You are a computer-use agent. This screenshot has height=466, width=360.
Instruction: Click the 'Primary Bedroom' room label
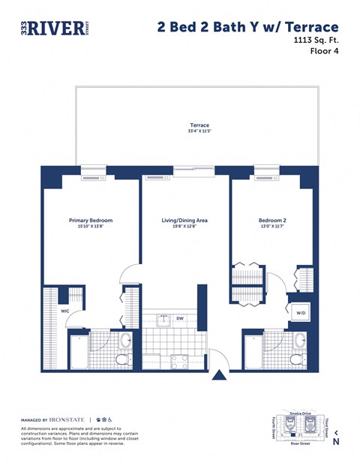91,221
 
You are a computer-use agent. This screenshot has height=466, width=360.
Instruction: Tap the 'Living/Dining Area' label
184,221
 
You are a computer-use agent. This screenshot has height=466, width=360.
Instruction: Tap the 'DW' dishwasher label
180,318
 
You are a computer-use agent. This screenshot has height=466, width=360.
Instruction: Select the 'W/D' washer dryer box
301,313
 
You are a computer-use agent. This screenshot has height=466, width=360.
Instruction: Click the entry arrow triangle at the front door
219,374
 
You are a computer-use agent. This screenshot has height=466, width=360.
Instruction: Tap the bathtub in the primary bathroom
79,350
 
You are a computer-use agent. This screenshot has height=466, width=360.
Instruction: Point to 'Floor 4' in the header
328,52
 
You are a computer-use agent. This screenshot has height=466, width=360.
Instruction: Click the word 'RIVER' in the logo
54,29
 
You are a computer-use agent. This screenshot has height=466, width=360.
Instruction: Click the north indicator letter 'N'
337,442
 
